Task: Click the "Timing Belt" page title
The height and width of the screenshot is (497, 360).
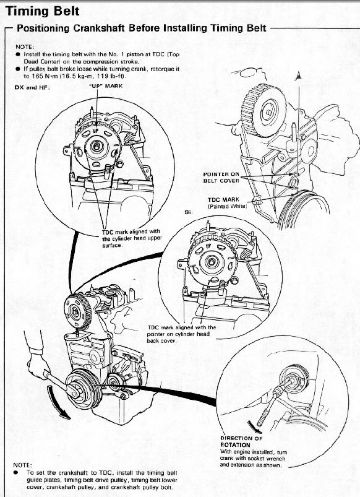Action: pyautogui.click(x=43, y=11)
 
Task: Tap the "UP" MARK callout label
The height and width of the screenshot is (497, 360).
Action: pyautogui.click(x=106, y=86)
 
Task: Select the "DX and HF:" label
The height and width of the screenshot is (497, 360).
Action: pyautogui.click(x=32, y=87)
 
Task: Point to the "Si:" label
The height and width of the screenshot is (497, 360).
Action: pyautogui.click(x=189, y=212)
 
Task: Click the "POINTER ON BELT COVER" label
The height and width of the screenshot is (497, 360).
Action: pyautogui.click(x=221, y=178)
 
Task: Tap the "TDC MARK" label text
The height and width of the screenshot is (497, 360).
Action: pyautogui.click(x=223, y=200)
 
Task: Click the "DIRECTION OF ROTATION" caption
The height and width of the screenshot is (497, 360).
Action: pyautogui.click(x=241, y=441)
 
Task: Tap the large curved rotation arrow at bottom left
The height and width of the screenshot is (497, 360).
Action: pyautogui.click(x=58, y=403)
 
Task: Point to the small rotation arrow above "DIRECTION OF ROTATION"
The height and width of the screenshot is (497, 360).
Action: pyautogui.click(x=254, y=427)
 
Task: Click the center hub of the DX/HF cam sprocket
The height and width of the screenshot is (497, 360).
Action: pyautogui.click(x=96, y=146)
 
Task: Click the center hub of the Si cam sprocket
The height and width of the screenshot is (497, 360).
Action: pyautogui.click(x=210, y=262)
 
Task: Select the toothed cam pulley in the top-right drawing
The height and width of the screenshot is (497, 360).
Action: pyautogui.click(x=264, y=110)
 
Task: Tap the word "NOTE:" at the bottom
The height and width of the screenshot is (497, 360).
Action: pyautogui.click(x=22, y=465)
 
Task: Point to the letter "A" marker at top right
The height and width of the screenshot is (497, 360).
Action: pyautogui.click(x=298, y=76)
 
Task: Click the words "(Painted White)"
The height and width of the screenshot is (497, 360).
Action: pyautogui.click(x=227, y=206)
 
